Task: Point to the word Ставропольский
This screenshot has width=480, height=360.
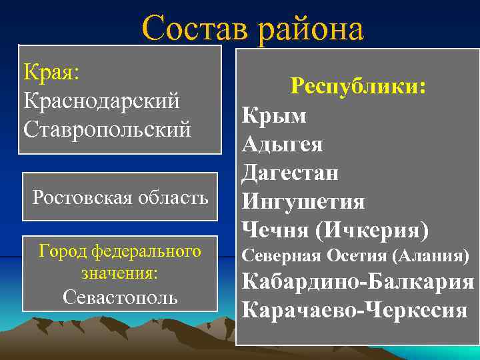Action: tap(107, 129)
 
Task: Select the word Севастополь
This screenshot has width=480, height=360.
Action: tap(120, 297)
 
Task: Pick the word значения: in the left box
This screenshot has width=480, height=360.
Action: tap(120, 274)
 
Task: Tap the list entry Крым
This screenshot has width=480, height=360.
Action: tap(274, 116)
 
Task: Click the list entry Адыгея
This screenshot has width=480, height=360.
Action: tap(283, 145)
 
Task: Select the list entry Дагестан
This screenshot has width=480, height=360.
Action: tap(290, 173)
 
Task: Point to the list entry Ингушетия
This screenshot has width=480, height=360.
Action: tap(303, 201)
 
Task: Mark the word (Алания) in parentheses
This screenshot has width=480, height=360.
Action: tap(431, 256)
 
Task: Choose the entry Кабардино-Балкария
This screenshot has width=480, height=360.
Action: tap(357, 282)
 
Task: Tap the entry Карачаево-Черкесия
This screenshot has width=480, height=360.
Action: tap(355, 310)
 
